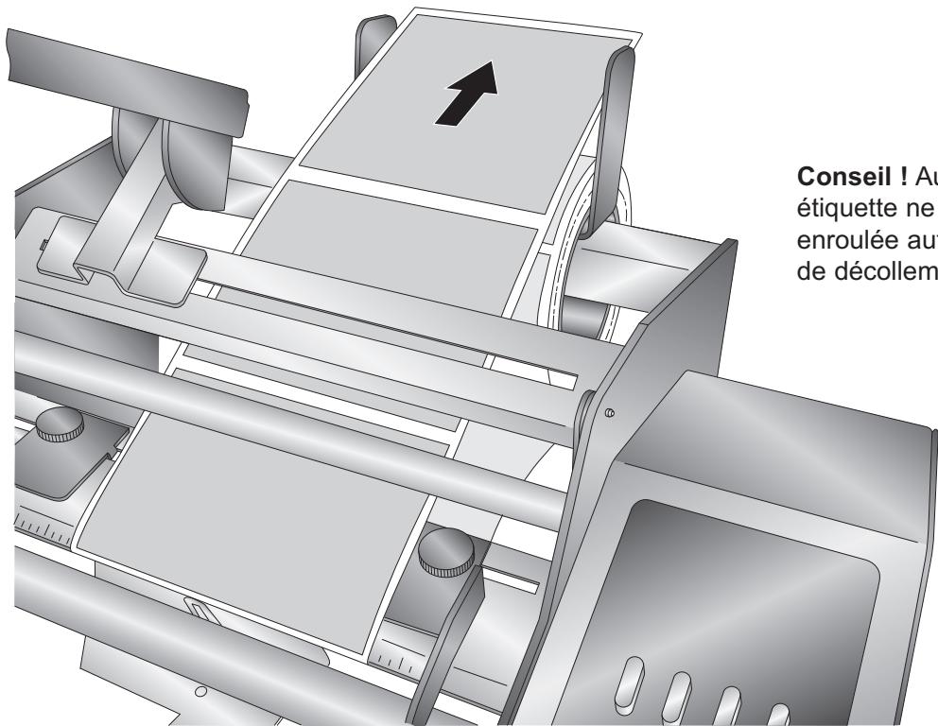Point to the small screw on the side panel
coord(609,412)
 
